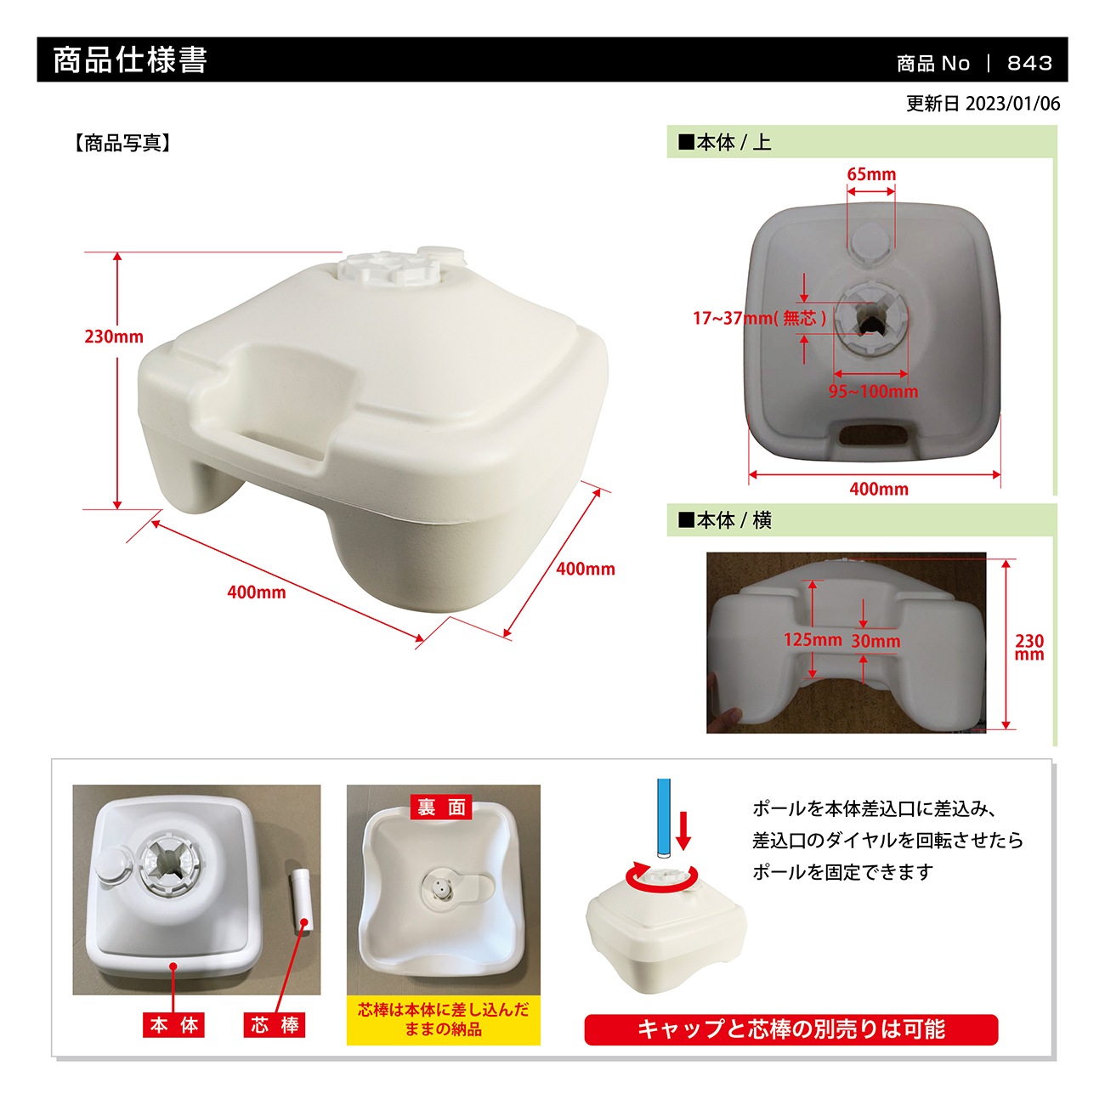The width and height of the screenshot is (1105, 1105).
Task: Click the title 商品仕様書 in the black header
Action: point(129,59)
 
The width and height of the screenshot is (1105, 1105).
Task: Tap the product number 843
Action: point(1029,63)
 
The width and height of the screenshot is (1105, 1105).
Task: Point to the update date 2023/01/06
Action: point(1012,103)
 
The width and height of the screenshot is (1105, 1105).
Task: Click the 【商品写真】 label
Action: point(122,143)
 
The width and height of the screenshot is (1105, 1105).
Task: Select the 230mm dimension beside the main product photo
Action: point(114,336)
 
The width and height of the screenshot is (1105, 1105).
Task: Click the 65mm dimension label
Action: point(871,173)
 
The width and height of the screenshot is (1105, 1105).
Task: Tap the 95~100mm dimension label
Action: point(873,391)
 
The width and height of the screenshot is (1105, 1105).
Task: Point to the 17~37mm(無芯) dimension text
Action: point(759,317)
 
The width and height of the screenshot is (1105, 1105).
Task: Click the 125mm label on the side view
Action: point(813,639)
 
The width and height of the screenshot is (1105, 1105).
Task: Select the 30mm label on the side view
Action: point(875,641)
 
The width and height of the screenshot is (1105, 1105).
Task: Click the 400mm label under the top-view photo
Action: point(879,489)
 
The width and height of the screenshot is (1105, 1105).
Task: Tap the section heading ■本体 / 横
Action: point(725,520)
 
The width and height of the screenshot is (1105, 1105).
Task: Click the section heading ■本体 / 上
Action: point(725,142)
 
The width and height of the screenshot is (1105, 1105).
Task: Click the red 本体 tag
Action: point(173,1025)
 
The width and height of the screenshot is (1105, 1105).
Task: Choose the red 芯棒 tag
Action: point(274,1025)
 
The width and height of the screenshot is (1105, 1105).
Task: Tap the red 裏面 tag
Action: point(441,807)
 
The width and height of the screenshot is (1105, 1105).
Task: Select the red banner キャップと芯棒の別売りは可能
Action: point(790,1028)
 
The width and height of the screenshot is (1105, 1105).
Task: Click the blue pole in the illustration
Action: point(664,818)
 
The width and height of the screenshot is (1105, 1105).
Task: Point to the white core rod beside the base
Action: point(301,901)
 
